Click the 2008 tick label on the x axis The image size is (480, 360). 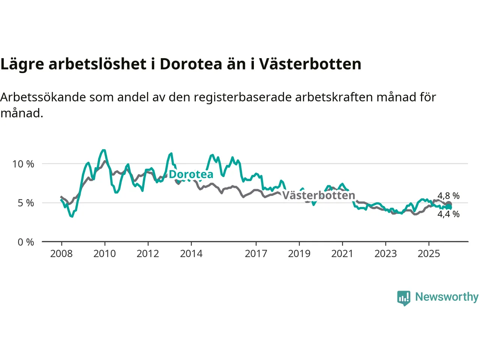(61, 254)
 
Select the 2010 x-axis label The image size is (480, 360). (105, 254)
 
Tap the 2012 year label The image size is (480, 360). (148, 254)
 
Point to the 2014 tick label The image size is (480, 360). (191, 254)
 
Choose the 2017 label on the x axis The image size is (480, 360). (256, 254)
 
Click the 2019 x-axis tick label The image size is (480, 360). (299, 254)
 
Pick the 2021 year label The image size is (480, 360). (342, 254)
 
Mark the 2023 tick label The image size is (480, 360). (385, 254)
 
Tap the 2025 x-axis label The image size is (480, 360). (429, 254)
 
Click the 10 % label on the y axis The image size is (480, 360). (23, 164)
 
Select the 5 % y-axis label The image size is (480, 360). (26, 203)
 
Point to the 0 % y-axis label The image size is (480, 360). (26, 242)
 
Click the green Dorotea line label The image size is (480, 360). (191, 174)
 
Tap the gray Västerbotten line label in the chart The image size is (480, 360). (318, 195)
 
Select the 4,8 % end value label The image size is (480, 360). (448, 196)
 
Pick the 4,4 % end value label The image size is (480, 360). (448, 214)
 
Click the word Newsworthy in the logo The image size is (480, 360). (447, 297)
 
